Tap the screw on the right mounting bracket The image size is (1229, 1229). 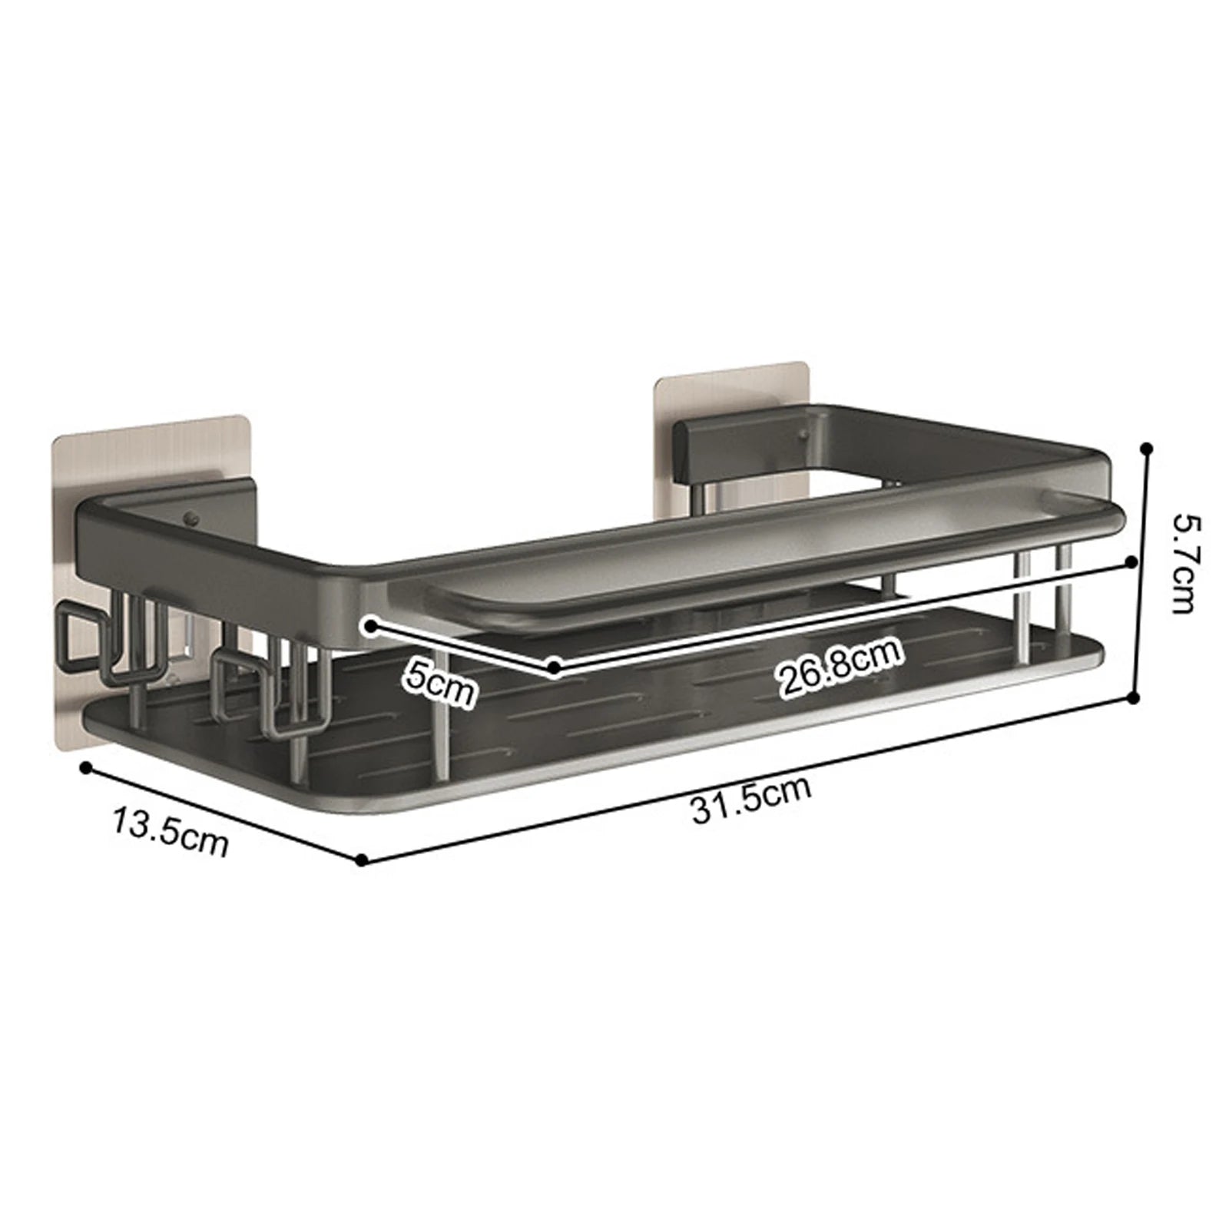(803, 438)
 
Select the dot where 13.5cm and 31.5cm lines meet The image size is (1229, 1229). (362, 860)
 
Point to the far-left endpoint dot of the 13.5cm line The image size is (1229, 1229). (86, 767)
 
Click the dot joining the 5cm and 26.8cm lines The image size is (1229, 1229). (554, 668)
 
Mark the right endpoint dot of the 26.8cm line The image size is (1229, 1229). (1131, 562)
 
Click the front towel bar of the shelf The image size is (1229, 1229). (753, 561)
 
